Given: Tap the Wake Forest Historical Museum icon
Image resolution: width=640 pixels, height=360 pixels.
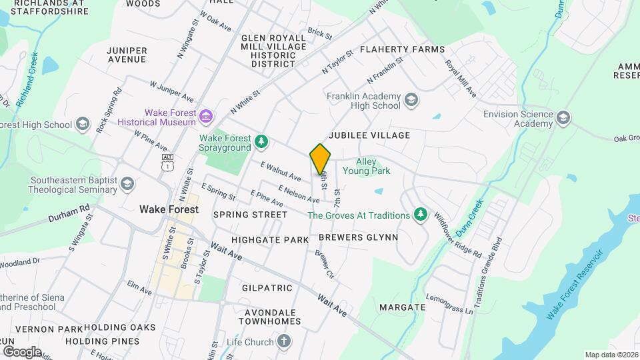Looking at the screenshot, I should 206,117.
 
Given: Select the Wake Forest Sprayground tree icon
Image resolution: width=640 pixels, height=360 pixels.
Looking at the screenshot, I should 262,141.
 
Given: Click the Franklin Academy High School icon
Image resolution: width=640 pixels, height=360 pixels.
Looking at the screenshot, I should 411,101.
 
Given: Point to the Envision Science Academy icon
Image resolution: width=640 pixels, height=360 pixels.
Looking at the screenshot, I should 564,118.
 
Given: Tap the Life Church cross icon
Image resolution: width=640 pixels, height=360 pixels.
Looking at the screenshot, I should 284,342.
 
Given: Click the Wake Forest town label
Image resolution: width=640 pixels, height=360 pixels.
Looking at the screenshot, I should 169,209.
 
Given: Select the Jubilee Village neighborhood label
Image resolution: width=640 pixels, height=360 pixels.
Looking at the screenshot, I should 369,135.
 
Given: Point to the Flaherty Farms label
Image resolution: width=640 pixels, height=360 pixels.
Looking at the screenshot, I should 402,49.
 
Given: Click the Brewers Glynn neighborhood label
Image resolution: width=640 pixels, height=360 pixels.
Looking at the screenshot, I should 358,237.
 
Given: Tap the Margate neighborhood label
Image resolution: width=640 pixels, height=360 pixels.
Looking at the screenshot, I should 402,307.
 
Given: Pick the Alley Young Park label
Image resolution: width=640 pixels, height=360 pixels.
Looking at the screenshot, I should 366,166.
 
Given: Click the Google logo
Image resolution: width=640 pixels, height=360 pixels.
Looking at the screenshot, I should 21,351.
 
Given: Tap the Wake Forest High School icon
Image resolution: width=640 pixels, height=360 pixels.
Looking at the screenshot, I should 83,124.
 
